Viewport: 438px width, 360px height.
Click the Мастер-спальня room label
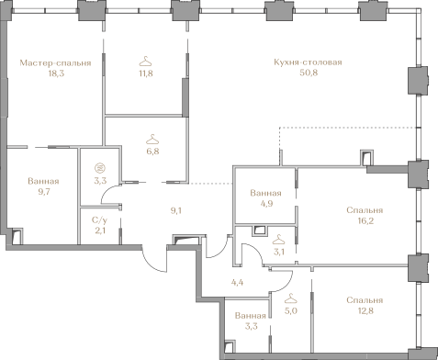[x=55, y=63]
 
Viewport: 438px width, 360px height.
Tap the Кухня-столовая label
[x=308, y=62]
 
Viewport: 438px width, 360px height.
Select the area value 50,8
[x=309, y=73]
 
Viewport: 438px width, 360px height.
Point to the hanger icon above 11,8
[x=146, y=62]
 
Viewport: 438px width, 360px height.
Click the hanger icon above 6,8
[x=152, y=140]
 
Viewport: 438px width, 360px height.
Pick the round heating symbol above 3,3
[x=100, y=168]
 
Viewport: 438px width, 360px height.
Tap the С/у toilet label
[x=100, y=220]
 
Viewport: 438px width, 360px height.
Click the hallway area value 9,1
[x=176, y=210]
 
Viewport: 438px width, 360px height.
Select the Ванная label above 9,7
[x=43, y=181]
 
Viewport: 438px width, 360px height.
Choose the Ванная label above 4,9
[x=265, y=193]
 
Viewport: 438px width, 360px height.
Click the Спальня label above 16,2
[x=365, y=210]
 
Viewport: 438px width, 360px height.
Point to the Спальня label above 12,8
[x=365, y=300]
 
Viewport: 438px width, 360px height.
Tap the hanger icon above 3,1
[x=279, y=239]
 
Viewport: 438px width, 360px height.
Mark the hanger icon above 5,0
[x=290, y=298]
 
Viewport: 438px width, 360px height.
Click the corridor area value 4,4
[x=237, y=282]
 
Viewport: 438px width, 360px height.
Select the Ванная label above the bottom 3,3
[x=251, y=316]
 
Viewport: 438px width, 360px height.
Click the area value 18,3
[x=56, y=73]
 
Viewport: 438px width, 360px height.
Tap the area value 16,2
[x=365, y=221]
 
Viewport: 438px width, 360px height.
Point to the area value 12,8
[x=365, y=311]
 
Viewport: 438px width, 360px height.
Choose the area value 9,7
[x=44, y=192]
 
